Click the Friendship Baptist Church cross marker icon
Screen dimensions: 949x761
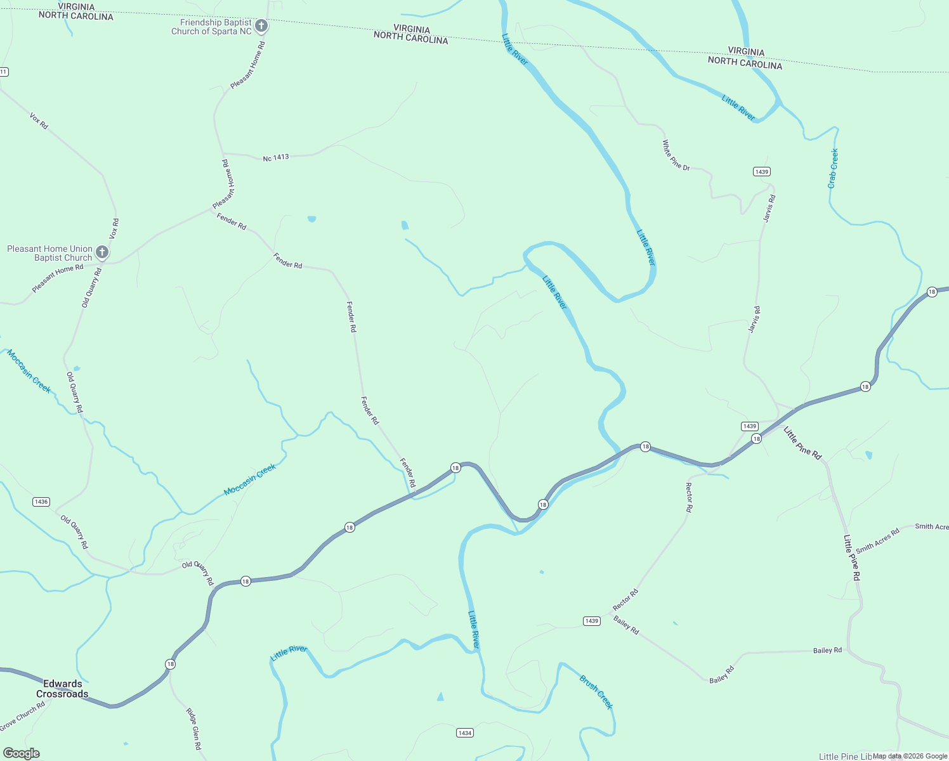tap(261, 26)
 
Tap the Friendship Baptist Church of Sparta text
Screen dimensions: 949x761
tap(212, 27)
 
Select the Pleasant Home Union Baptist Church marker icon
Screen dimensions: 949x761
tap(101, 252)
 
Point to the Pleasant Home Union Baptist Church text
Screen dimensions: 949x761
tap(50, 253)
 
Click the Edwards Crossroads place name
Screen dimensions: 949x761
tap(62, 689)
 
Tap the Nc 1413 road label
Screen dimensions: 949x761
tap(276, 157)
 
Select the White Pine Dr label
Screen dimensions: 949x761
tap(676, 155)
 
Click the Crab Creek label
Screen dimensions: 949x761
tap(833, 169)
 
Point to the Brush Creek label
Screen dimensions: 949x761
tap(596, 692)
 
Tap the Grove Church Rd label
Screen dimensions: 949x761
tap(23, 716)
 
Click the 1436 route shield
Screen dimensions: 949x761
tap(41, 502)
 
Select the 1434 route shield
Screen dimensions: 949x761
tap(465, 732)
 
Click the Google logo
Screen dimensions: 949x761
tap(21, 753)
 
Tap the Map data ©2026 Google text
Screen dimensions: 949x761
tap(910, 756)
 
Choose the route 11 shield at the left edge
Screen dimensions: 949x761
tap(3, 72)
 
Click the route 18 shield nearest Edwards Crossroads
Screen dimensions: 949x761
tap(170, 664)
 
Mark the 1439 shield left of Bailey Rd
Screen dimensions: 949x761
tap(592, 621)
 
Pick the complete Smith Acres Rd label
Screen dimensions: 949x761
tap(878, 541)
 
